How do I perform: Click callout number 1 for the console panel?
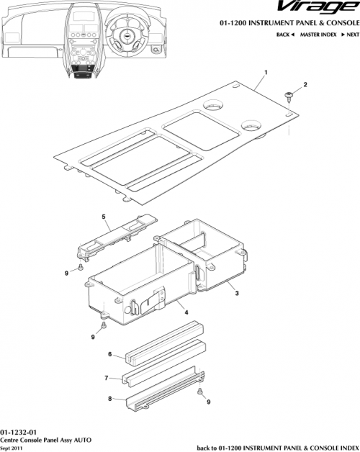266,73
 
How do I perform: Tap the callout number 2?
305,86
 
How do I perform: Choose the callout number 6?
109,354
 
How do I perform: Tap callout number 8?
109,398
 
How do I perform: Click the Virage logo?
318,9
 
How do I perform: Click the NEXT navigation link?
350,35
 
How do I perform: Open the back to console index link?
278,446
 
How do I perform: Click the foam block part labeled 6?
164,345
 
